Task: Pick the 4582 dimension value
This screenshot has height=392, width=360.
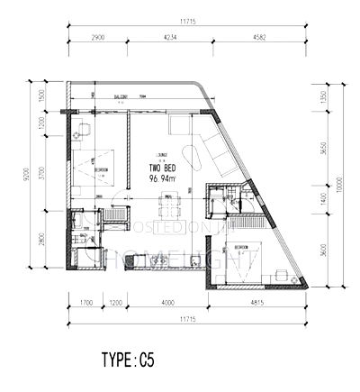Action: [x=262, y=39]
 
